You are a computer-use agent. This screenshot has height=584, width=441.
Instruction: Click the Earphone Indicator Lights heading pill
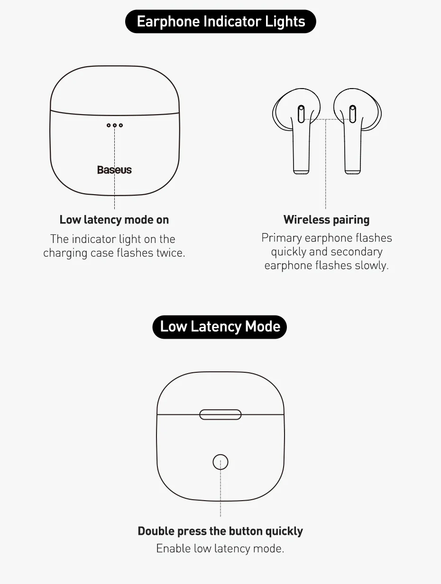[x=220, y=22]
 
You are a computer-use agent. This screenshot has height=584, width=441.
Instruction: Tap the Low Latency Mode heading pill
[x=220, y=327]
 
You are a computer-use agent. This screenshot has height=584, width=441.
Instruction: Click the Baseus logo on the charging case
[x=114, y=170]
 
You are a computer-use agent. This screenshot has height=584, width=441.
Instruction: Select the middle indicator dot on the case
[x=115, y=126]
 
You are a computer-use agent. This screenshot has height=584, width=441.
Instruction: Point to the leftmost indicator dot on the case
[x=109, y=126]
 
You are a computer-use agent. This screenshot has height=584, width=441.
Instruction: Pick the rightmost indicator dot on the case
[x=121, y=126]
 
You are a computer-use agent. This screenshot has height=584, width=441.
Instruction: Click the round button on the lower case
[x=220, y=462]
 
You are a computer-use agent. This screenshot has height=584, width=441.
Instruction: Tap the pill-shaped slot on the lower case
[x=220, y=414]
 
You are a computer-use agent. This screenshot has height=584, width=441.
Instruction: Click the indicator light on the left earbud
[x=301, y=114]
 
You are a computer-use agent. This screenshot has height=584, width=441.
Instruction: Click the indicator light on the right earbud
[x=353, y=114]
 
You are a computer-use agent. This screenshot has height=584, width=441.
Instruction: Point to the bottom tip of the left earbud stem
[x=301, y=174]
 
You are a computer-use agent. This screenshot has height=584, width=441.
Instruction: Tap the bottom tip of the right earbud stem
[x=353, y=174]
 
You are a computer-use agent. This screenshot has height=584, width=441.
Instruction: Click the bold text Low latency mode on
[x=114, y=220]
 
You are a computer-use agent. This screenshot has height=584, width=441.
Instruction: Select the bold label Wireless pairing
[x=327, y=220]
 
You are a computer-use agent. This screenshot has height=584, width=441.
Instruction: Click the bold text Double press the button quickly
[x=220, y=531]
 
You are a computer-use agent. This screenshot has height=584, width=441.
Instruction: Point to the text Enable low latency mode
[x=220, y=548]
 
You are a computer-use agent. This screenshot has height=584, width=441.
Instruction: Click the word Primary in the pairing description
[x=282, y=238]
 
